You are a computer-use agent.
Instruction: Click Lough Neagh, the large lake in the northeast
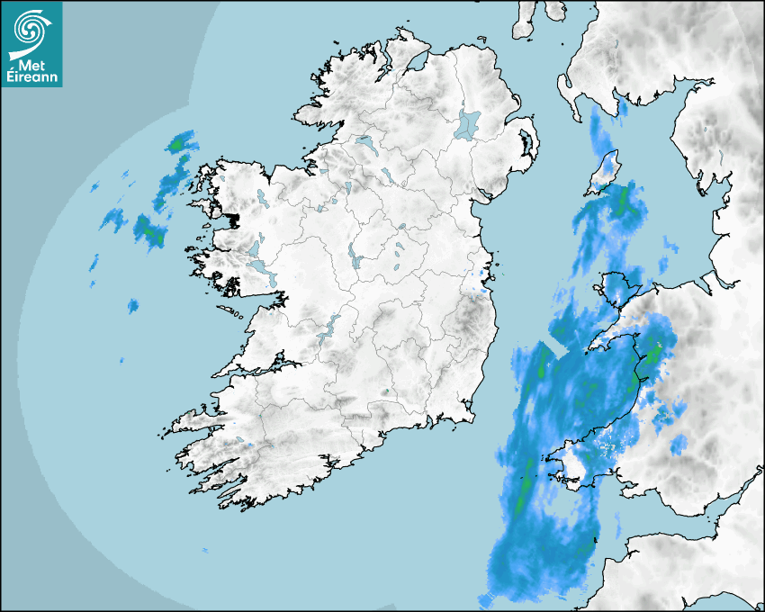[469, 123]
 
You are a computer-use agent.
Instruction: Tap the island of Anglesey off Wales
[621, 289]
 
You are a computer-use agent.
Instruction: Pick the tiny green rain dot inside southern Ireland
[386, 391]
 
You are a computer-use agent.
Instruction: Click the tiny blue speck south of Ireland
[205, 549]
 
